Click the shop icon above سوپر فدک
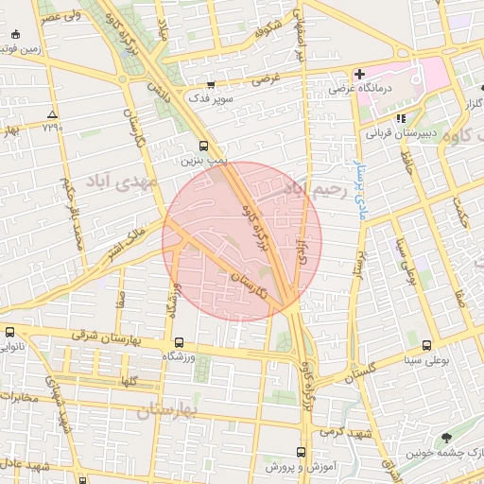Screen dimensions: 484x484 click(x=223, y=84)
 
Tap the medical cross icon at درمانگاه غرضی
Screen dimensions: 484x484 click(x=359, y=74)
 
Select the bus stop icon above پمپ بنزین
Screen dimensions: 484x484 click(x=204, y=146)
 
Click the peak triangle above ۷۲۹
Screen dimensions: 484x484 click(x=51, y=114)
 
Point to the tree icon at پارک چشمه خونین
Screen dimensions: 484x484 click(x=446, y=437)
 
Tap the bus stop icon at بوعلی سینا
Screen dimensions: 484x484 click(x=426, y=345)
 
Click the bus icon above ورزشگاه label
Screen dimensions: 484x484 click(x=178, y=342)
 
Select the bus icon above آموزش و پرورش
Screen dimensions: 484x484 click(x=301, y=452)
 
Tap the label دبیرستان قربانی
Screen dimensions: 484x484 click(x=400, y=133)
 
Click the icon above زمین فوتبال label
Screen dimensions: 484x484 click(x=13, y=35)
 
